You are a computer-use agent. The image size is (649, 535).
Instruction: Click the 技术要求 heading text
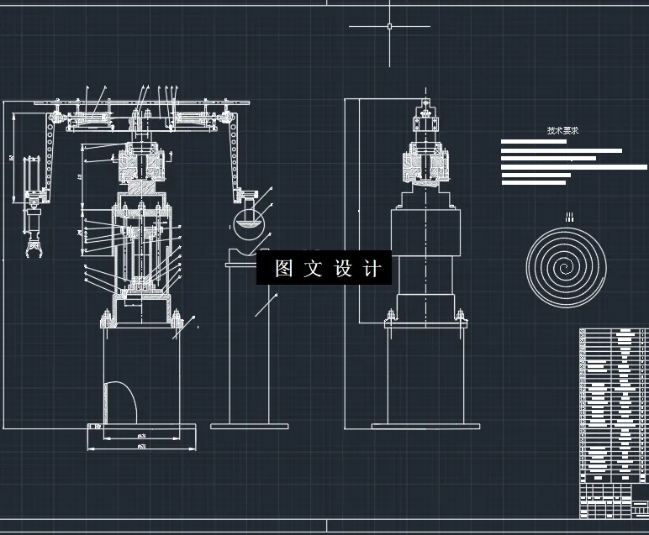coord(562,131)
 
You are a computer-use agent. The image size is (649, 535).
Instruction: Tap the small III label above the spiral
coord(569,218)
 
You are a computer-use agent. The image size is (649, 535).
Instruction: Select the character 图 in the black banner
coord(283,269)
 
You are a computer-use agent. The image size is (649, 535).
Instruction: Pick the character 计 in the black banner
coord(372,269)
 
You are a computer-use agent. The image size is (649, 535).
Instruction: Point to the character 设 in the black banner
coord(343,269)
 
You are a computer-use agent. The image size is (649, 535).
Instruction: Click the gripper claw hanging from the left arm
coord(33,249)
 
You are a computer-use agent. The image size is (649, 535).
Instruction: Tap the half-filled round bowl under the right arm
coord(247,225)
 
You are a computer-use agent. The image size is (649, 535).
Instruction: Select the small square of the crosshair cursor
coord(389,26)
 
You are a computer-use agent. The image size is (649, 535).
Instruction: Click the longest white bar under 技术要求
coord(574,167)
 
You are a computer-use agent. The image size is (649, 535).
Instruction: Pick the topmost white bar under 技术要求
coord(534,142)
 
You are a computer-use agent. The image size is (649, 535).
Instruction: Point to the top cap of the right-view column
coord(426,108)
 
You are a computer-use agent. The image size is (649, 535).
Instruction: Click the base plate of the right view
coord(425,426)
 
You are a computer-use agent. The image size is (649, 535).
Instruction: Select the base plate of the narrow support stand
coord(249,426)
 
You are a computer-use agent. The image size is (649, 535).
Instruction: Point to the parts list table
coord(614,420)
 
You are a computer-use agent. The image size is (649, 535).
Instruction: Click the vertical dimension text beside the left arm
coord(11,157)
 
